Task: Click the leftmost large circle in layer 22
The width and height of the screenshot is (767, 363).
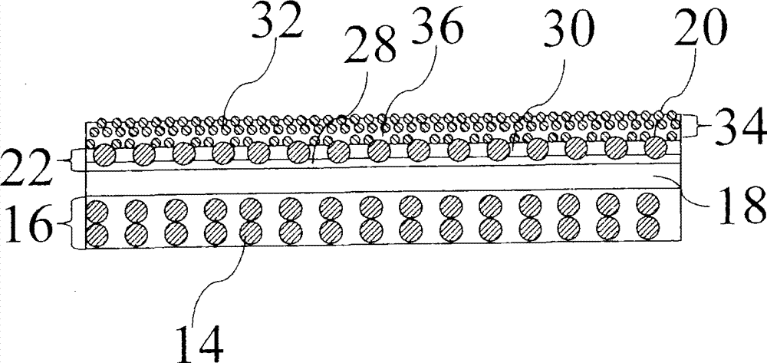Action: click(x=104, y=156)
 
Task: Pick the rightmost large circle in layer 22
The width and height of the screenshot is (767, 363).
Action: click(x=655, y=148)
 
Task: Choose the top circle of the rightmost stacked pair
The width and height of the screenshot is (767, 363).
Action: click(x=649, y=204)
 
